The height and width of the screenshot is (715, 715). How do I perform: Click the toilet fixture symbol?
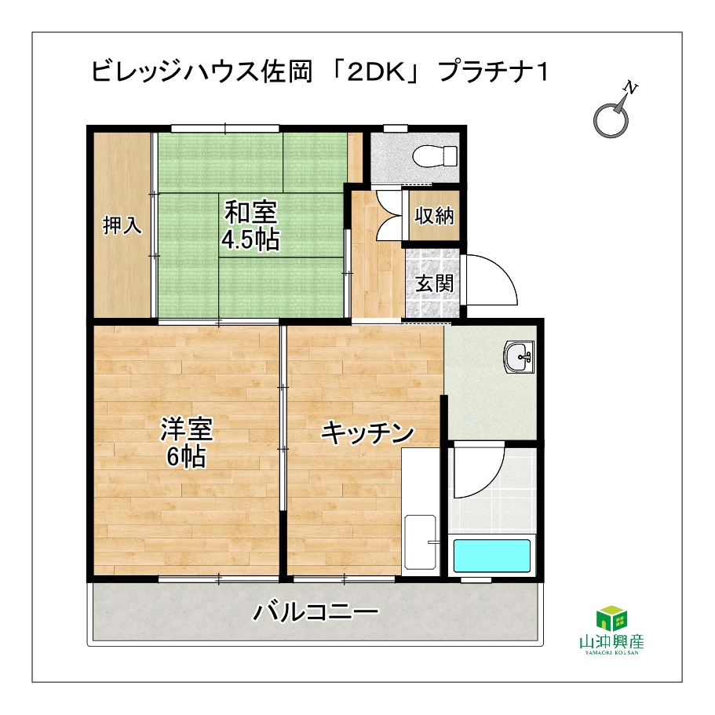pos(435,156)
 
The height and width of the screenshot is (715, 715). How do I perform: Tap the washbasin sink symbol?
pos(519,357)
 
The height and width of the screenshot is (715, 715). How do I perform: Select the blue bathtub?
pos(491,556)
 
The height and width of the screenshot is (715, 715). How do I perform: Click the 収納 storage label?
pos(434,215)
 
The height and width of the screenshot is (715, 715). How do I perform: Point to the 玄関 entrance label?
pos(435,283)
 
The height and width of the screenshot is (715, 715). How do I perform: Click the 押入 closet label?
pos(122,225)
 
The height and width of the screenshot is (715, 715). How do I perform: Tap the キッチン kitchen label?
pos(367,433)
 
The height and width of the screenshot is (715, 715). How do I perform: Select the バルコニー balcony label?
pos(316,612)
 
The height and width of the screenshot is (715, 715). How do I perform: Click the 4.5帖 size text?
pos(250,239)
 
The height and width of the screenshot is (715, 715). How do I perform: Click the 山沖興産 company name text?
pos(611,642)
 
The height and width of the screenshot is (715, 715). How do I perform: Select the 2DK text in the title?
pos(376,72)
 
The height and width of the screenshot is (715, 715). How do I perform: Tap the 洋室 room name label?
pos(187,429)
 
